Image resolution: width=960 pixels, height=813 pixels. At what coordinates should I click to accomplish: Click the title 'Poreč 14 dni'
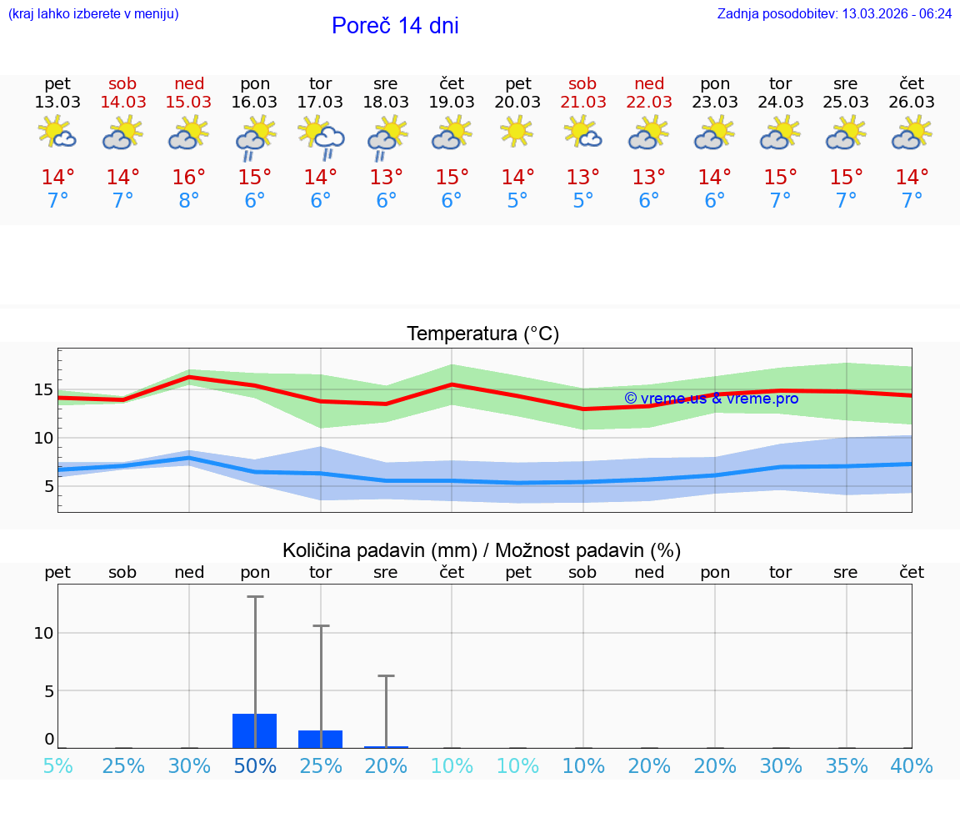pyautogui.click(x=395, y=26)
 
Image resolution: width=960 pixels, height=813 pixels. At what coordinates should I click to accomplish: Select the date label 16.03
pyautogui.click(x=255, y=103)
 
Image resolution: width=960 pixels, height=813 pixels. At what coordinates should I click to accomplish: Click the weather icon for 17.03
pyautogui.click(x=321, y=136)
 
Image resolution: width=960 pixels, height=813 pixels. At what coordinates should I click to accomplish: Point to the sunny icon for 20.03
pyautogui.click(x=517, y=131)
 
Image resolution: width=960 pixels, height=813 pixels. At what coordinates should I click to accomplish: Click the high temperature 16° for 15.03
pyautogui.click(x=189, y=178)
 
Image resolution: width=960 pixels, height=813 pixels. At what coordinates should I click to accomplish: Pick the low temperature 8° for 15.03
pyautogui.click(x=189, y=201)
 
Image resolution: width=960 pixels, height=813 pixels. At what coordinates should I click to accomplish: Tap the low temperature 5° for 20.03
pyautogui.click(x=517, y=201)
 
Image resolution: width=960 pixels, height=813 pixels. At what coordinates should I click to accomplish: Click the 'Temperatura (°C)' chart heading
pyautogui.click(x=482, y=334)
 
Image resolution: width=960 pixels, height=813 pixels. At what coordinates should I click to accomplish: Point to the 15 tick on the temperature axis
pyautogui.click(x=43, y=389)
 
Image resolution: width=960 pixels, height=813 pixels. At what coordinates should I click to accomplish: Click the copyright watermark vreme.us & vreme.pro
pyautogui.click(x=711, y=399)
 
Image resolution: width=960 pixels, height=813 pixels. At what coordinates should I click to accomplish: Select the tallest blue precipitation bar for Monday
pyautogui.click(x=255, y=730)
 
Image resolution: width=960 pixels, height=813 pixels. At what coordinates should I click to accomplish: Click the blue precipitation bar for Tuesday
pyautogui.click(x=321, y=739)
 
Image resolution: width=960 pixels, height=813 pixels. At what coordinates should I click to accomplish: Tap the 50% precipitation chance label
pyautogui.click(x=255, y=766)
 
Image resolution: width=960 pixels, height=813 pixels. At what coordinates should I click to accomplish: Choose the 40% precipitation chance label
pyautogui.click(x=912, y=766)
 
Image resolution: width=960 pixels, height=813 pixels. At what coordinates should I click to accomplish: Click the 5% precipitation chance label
pyautogui.click(x=57, y=766)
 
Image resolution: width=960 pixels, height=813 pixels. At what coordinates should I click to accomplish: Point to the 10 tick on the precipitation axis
pyautogui.click(x=43, y=633)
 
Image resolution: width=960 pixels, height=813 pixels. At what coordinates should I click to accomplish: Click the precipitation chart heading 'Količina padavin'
pyautogui.click(x=482, y=550)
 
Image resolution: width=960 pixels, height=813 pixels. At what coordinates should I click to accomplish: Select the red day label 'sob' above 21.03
pyautogui.click(x=582, y=84)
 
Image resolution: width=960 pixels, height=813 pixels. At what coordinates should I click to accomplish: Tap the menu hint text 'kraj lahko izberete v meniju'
pyautogui.click(x=93, y=14)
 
